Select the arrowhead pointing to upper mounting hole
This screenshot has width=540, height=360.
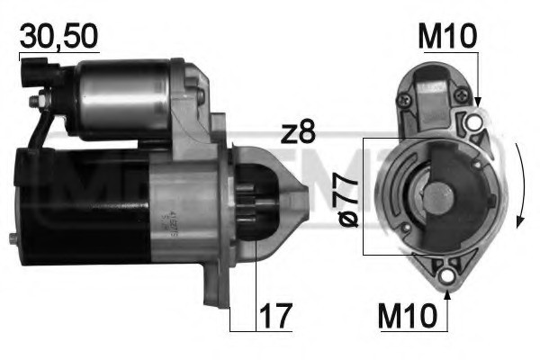[x=477, y=105]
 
